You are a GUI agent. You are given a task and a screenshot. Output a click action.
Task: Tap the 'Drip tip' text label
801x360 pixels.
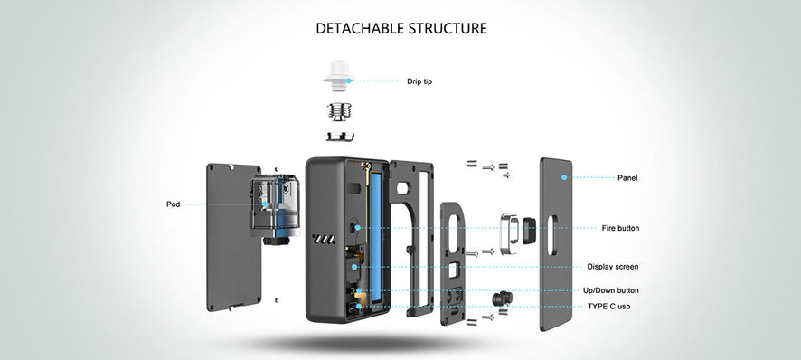pos(419,81)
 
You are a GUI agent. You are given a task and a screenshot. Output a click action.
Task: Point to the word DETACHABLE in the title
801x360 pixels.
pos(363,28)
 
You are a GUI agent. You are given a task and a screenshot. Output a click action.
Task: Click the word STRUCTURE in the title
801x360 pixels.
pos(450,28)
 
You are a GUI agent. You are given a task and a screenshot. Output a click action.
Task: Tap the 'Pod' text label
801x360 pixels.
pos(173,204)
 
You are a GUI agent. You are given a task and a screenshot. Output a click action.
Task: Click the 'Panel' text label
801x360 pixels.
pos(627,177)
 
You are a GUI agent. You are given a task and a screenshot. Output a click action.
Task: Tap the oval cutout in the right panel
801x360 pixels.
pos(552,232)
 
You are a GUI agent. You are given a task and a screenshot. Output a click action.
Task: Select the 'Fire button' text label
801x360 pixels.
pos(620,228)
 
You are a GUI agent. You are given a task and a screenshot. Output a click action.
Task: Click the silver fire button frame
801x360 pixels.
pos(511,230)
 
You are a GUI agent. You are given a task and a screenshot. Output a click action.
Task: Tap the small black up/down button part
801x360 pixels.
pos(497,299)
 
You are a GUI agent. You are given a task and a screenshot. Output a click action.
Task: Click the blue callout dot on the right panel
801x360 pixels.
pos(563,177)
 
